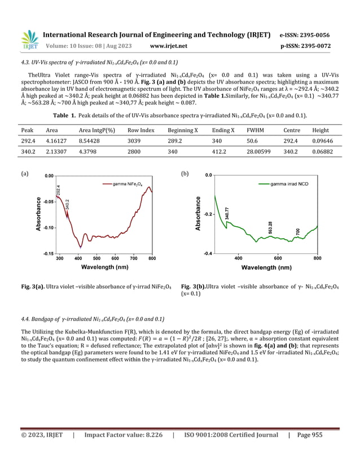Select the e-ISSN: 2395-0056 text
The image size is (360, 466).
click(305, 35)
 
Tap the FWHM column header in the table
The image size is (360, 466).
click(255, 130)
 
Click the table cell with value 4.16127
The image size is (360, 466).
click(56, 142)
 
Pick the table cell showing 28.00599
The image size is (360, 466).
click(259, 152)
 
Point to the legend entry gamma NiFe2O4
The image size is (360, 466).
click(129, 184)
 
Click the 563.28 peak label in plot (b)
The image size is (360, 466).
click(271, 228)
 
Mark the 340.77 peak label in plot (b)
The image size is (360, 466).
click(227, 213)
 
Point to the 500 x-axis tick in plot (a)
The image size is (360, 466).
click(96, 258)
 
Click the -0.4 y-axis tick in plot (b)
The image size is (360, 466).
click(208, 253)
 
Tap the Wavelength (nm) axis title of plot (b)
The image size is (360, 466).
click(270, 267)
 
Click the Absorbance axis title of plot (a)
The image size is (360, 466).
click(39, 214)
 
